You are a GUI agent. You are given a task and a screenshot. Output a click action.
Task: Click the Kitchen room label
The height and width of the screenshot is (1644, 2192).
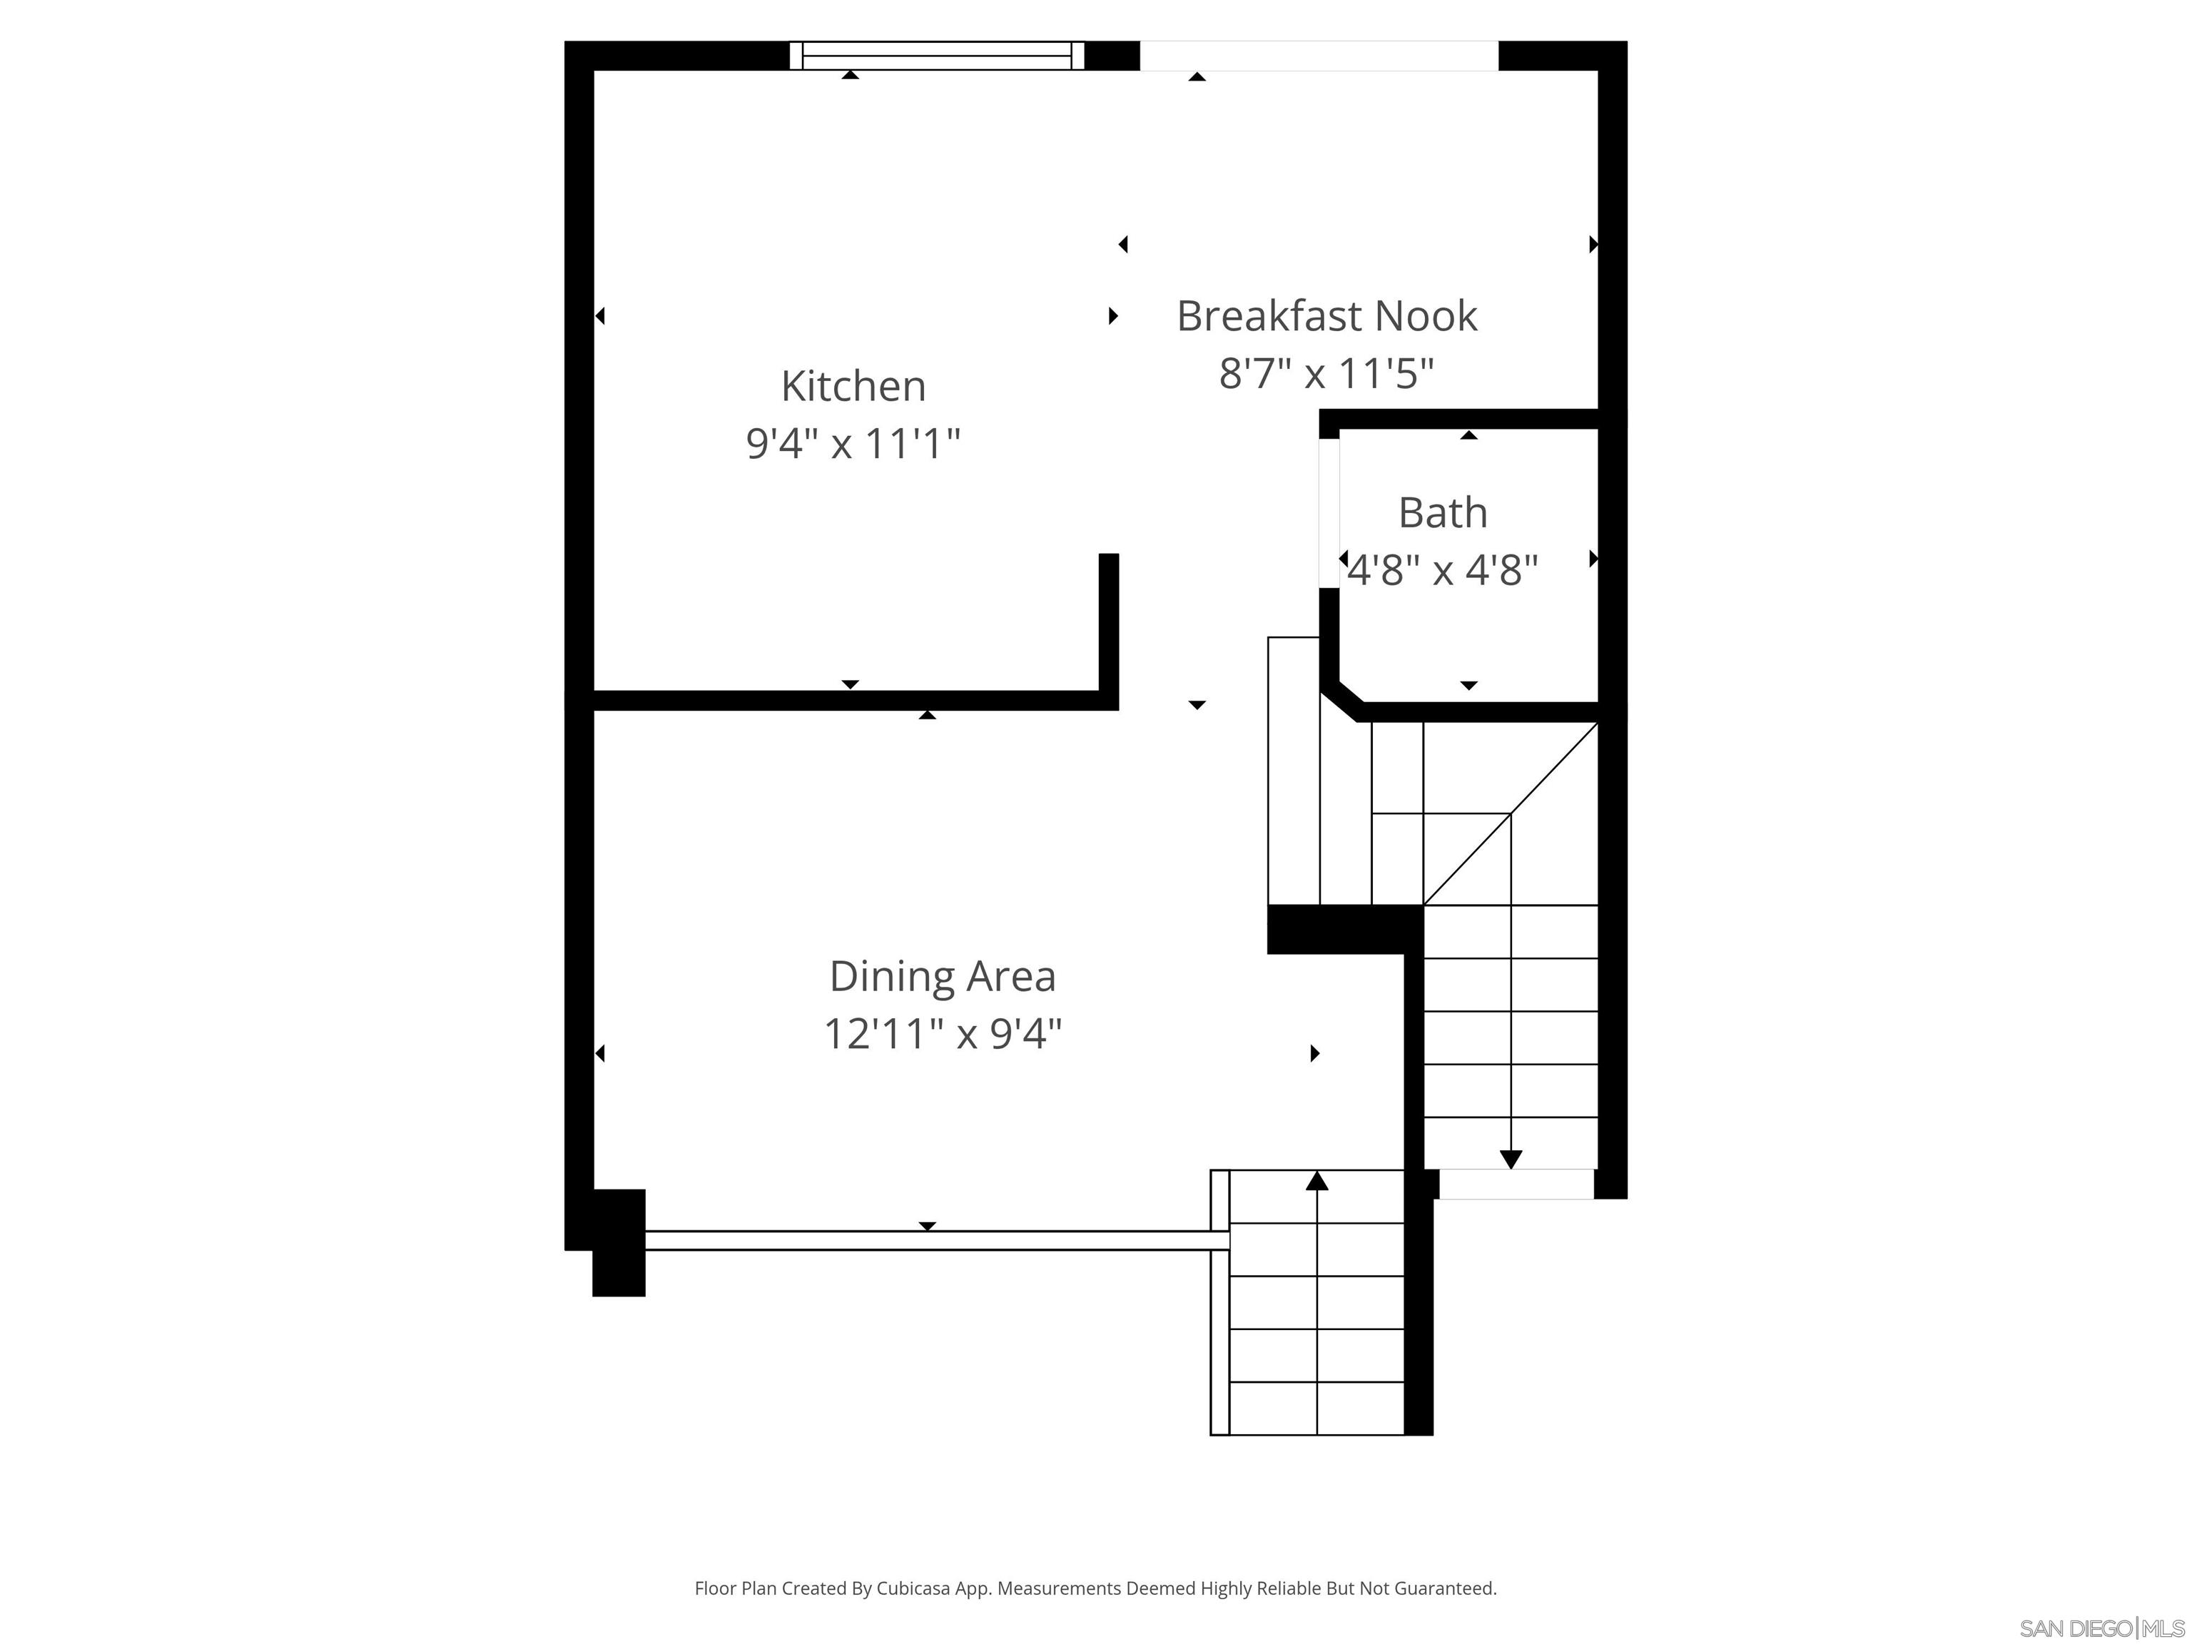pos(853,387)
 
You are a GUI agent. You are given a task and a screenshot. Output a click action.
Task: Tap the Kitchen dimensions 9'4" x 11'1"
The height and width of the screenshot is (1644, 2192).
pos(853,443)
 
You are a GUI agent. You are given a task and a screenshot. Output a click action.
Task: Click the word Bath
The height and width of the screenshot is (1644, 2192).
pos(1443,513)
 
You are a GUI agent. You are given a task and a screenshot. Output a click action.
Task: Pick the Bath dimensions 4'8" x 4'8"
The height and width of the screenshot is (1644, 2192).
pos(1443,571)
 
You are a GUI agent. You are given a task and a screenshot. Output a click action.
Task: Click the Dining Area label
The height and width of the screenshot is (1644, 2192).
pos(943,977)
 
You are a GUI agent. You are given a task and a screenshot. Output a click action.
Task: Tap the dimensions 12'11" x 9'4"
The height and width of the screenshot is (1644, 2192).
pos(943,1035)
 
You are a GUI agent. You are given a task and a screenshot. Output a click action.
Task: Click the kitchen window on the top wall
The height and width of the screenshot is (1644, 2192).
pos(936,56)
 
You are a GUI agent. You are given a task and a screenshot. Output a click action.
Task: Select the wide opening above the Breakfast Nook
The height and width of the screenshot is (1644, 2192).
pos(1318,56)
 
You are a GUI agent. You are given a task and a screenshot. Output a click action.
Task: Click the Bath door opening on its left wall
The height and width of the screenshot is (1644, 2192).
pos(1329,513)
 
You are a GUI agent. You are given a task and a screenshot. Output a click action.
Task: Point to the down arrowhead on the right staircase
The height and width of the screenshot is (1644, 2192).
pos(1511,1158)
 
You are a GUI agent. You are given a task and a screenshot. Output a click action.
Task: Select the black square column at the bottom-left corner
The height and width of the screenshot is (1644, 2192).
pos(619,1243)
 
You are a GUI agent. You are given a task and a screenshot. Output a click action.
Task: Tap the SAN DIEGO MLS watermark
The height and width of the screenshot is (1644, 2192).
pos(2101,1628)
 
